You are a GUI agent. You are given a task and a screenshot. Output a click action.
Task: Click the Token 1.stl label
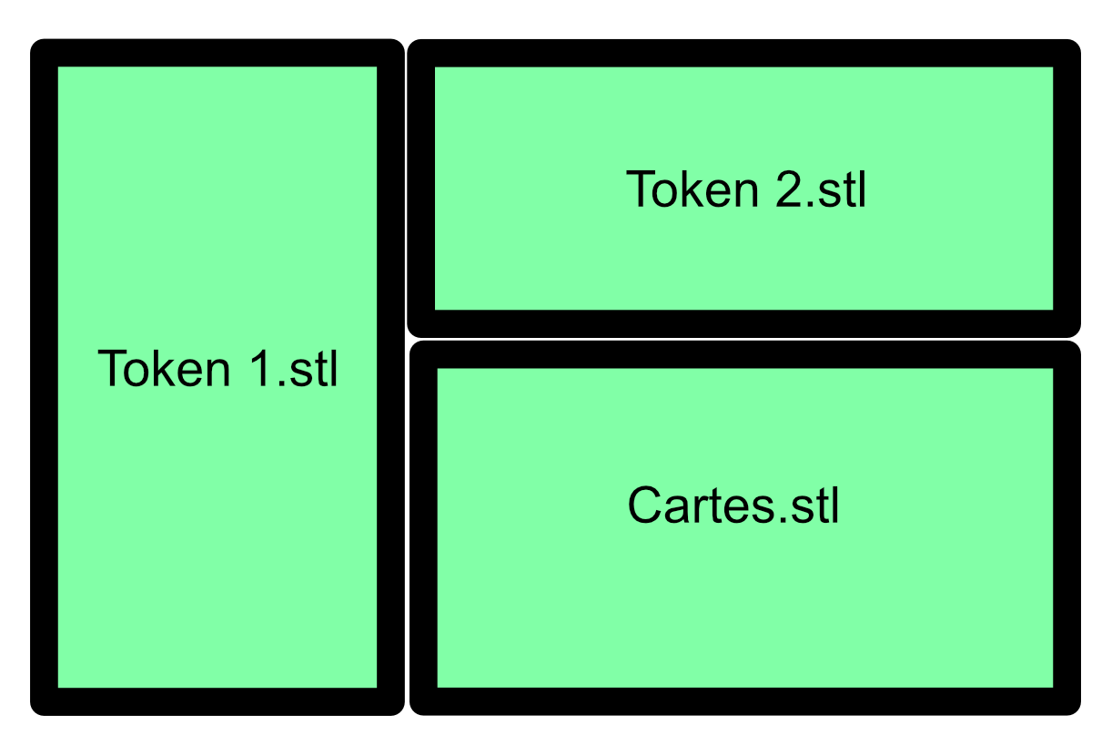tap(217, 369)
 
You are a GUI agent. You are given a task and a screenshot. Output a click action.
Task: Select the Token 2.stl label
tap(746, 189)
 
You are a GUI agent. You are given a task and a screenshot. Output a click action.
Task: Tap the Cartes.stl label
tap(733, 506)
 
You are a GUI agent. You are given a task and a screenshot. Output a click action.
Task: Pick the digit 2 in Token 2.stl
tap(789, 189)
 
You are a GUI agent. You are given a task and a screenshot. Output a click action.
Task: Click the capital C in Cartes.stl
tap(645, 506)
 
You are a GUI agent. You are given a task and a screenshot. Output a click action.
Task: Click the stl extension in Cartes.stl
tap(815, 506)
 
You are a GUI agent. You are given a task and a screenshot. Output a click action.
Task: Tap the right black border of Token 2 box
tap(1067, 189)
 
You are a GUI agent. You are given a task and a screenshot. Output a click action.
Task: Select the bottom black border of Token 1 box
tap(217, 700)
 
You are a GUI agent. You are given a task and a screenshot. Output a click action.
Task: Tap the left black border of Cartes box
tap(424, 527)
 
